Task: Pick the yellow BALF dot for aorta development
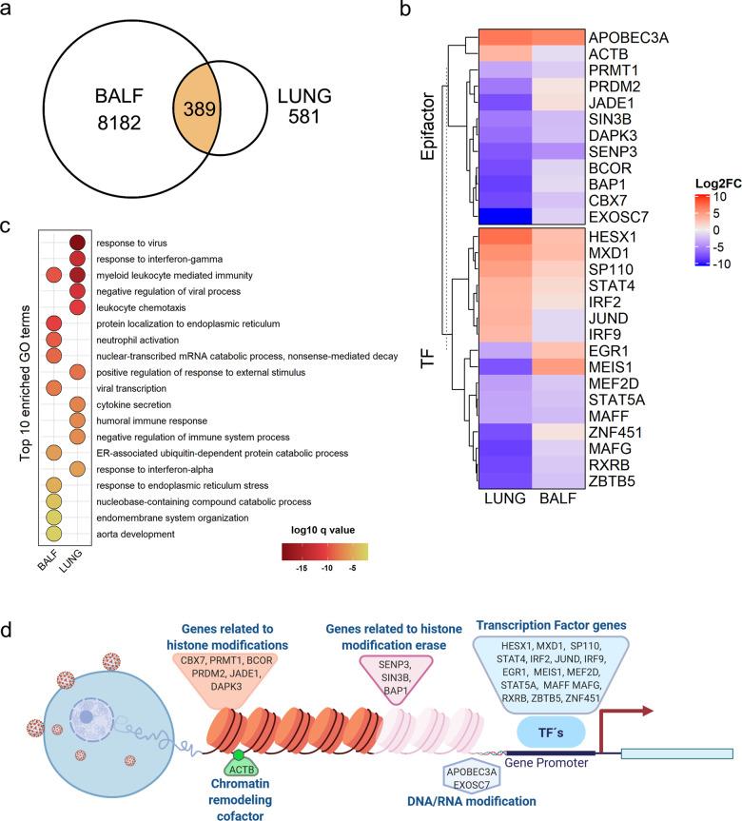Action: tap(54, 535)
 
